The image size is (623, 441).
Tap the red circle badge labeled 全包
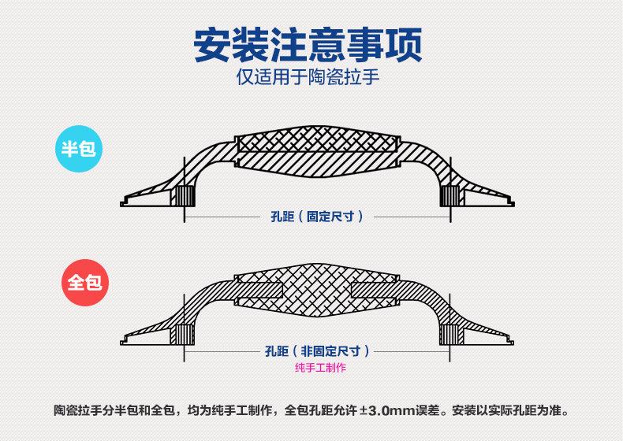point(84,282)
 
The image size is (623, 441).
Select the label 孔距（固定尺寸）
point(313,216)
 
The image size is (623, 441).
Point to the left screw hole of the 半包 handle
point(184,196)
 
